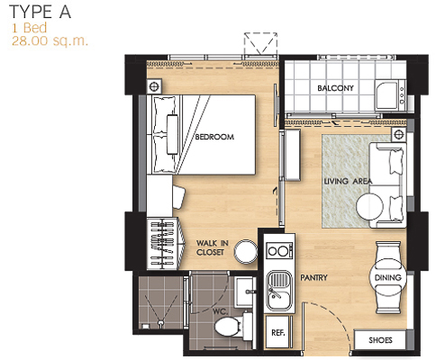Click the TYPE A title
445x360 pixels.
point(41,12)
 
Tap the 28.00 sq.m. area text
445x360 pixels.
point(50,40)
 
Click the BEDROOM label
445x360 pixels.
point(214,137)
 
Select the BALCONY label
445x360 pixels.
point(335,88)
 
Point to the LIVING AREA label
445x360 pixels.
point(348,181)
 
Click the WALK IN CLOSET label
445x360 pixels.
point(213,247)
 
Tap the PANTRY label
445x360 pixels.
point(313,277)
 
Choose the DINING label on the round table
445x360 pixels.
point(387,277)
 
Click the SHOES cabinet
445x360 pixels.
point(380,339)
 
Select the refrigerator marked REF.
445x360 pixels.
point(278,332)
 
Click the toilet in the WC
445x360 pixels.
point(233,327)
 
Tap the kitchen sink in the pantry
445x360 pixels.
point(279,291)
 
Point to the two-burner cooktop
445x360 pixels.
point(279,250)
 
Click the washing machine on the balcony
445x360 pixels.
point(390,95)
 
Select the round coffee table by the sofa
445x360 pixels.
point(369,207)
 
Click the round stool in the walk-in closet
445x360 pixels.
point(246,252)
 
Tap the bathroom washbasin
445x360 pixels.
point(245,292)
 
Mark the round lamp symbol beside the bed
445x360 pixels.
point(154,86)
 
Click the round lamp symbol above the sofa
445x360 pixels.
point(399,134)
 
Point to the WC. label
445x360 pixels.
point(220,311)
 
